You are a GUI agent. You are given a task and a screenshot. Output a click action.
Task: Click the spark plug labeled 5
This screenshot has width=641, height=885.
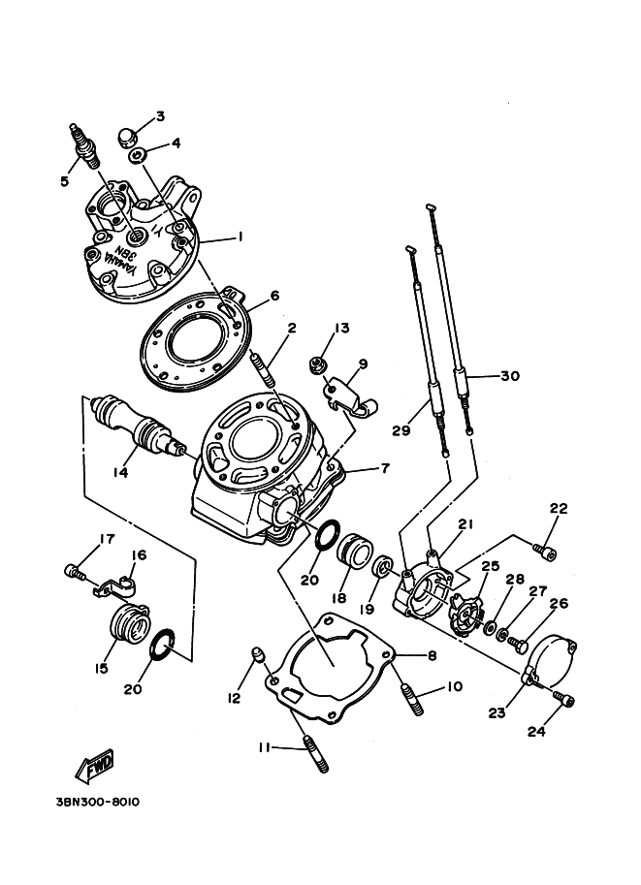click(x=84, y=144)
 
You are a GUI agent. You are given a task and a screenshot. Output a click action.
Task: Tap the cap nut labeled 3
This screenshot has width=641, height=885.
click(x=128, y=136)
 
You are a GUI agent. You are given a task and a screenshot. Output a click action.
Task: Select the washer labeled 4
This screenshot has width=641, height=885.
click(x=138, y=155)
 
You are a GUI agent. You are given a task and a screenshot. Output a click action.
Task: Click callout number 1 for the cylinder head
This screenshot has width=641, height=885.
click(x=240, y=237)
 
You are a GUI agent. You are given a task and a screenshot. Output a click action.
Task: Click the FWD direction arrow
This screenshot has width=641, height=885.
click(x=95, y=766)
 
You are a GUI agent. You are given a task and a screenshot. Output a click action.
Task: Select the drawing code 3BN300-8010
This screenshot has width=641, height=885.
click(x=98, y=802)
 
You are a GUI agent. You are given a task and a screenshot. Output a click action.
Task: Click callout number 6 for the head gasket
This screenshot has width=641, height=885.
click(x=274, y=297)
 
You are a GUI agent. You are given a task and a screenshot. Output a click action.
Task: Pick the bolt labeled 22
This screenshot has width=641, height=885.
click(x=544, y=551)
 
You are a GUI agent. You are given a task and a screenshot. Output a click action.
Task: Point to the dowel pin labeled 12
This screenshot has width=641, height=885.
click(x=258, y=654)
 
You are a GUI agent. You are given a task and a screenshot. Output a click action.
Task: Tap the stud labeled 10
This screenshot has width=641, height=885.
click(x=412, y=700)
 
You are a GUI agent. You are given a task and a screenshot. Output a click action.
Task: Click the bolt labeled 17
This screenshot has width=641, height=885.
click(x=74, y=572)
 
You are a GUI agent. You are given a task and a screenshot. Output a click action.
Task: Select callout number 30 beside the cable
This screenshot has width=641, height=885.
click(x=509, y=376)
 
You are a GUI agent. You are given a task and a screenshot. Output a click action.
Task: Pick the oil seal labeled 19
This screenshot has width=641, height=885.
click(x=382, y=566)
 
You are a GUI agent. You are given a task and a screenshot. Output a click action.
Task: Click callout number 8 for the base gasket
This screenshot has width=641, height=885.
click(x=433, y=656)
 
